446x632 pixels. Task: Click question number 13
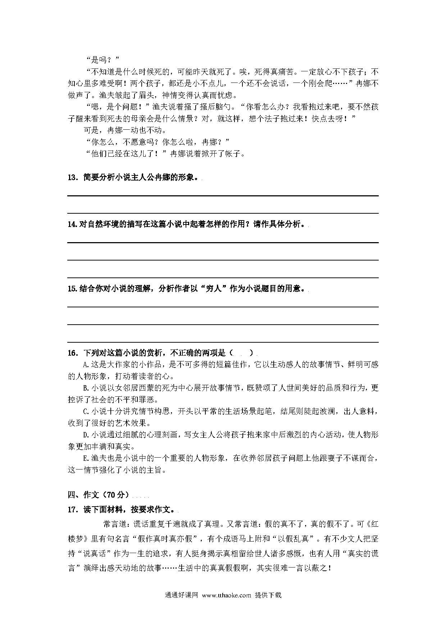click(x=72, y=178)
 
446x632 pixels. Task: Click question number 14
click(x=72, y=224)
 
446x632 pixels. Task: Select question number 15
click(x=72, y=289)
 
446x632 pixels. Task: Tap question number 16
click(x=72, y=353)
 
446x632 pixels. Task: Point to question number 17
click(x=72, y=510)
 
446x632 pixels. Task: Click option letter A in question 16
click(x=86, y=365)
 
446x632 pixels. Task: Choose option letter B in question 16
click(x=86, y=388)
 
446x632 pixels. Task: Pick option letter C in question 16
click(x=86, y=411)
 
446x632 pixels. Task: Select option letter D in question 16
click(x=86, y=435)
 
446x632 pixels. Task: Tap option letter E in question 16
click(x=86, y=458)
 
